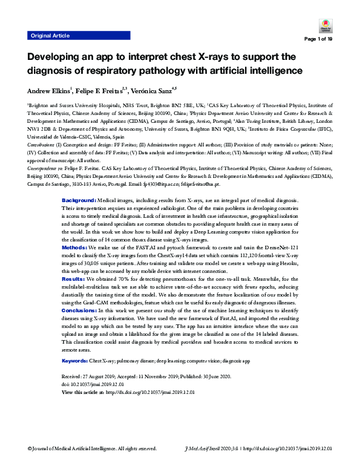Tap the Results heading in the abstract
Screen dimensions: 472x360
pyautogui.click(x=74, y=261)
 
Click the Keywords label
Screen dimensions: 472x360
pyautogui.click(x=77, y=361)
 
